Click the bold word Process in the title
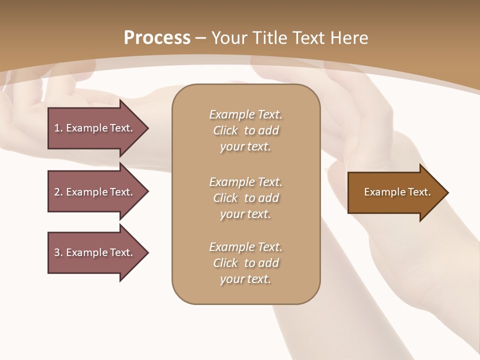(157, 38)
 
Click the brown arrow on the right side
(395, 192)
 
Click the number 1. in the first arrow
(58, 128)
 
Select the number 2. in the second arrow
(58, 192)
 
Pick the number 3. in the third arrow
(58, 252)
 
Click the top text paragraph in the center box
(245, 130)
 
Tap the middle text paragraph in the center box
(245, 197)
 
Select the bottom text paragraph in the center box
(245, 263)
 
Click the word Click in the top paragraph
(225, 130)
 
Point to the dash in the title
(200, 38)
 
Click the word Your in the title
(229, 38)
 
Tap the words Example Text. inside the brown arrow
(397, 192)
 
